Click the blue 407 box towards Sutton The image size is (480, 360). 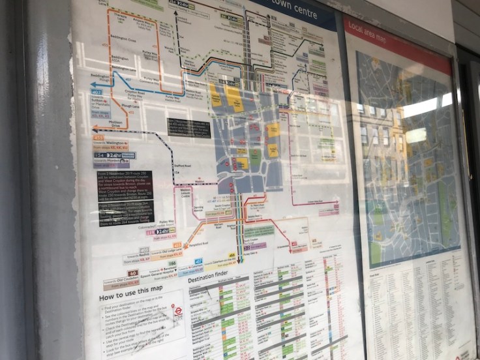pyautogui.click(x=97, y=92)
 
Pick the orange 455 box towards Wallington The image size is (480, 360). pyautogui.click(x=98, y=138)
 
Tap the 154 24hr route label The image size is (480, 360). pyautogui.click(x=115, y=155)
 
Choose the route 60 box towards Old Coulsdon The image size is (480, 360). pyautogui.click(x=133, y=273)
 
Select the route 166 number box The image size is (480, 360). pyautogui.click(x=172, y=263)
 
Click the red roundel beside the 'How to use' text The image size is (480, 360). pyautogui.click(x=178, y=311)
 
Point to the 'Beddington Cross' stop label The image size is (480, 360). pyautogui.click(x=123, y=39)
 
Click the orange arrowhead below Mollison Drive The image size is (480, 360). pyautogui.click(x=96, y=128)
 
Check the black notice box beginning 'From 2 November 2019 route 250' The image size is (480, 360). pyautogui.click(x=125, y=185)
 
